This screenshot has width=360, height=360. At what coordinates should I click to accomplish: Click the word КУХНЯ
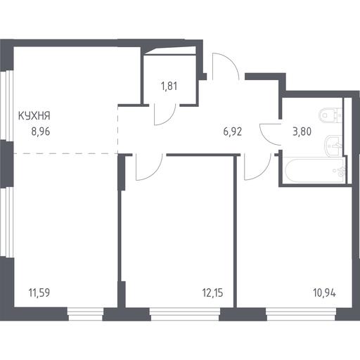34,116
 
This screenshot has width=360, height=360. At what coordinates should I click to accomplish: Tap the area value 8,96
41,131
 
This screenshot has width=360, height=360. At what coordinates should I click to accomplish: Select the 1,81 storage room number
169,86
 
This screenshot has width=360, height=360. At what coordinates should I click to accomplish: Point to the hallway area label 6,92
233,131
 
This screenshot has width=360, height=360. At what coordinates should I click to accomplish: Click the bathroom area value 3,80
302,131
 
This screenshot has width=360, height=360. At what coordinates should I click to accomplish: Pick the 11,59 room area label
39,292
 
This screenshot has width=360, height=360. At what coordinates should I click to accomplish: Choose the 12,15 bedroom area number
212,292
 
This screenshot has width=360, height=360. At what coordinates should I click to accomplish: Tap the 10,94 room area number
324,292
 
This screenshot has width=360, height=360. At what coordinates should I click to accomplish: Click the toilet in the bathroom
330,115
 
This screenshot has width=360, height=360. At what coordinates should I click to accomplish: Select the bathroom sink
333,146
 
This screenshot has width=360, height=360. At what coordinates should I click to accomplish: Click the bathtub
314,170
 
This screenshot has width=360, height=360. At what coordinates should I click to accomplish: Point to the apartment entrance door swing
226,67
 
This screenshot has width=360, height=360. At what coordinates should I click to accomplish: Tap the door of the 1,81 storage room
165,115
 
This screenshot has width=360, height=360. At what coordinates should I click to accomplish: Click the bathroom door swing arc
271,134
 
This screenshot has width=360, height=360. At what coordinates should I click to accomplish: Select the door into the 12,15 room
149,167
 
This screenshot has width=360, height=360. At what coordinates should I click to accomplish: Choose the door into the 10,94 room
257,167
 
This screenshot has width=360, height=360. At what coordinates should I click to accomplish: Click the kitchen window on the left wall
6,105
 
